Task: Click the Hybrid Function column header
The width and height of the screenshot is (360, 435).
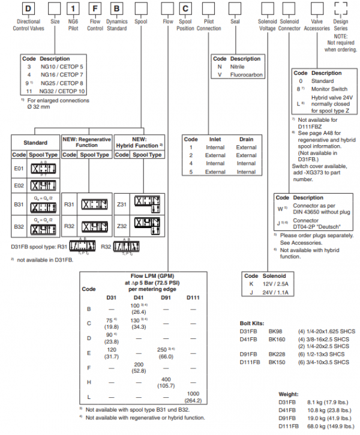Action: (139, 142)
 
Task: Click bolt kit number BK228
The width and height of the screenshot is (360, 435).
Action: (277, 354)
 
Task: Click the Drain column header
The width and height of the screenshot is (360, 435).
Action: (245, 139)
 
